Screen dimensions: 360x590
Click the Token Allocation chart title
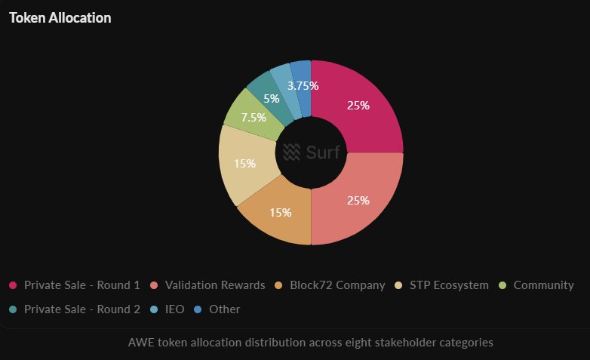coord(60,18)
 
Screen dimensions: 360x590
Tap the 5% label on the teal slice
coord(272,98)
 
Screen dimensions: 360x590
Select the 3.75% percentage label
coord(303,86)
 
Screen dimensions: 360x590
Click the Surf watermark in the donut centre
coord(312,152)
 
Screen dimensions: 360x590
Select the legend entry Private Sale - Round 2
coord(75,309)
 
